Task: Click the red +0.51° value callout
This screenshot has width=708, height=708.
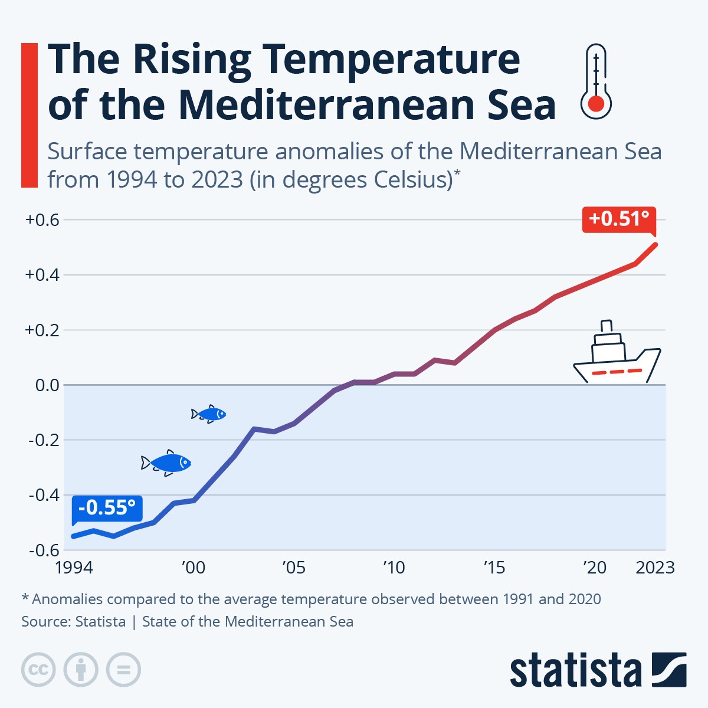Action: [x=619, y=219]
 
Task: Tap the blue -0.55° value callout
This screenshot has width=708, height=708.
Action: [x=107, y=507]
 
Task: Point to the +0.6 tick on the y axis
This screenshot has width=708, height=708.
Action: [x=42, y=220]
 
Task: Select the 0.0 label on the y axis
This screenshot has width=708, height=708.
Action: [x=47, y=385]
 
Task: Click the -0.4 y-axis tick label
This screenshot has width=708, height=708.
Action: [x=44, y=495]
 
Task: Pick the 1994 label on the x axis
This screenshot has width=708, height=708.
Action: [x=74, y=568]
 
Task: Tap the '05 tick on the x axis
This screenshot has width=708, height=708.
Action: [x=293, y=568]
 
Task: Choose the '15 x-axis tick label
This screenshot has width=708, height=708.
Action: [x=494, y=568]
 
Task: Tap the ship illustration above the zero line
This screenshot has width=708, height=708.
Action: [x=617, y=356]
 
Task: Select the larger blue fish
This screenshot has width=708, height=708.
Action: [x=166, y=463]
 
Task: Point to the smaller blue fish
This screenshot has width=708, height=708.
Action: [x=209, y=414]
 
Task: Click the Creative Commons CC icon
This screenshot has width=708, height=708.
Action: [x=38, y=670]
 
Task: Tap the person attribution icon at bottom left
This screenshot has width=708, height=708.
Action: [x=81, y=670]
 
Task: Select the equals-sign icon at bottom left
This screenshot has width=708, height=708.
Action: [x=123, y=670]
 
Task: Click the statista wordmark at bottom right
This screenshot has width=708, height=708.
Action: [x=575, y=671]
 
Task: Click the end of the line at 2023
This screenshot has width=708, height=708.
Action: [x=655, y=244]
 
